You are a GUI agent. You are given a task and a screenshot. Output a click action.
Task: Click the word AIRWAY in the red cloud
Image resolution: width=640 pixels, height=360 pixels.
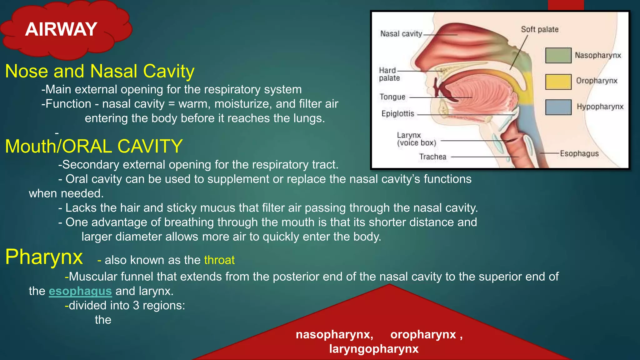(61, 29)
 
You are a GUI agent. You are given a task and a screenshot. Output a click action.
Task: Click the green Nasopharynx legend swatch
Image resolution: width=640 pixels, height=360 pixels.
(558, 55)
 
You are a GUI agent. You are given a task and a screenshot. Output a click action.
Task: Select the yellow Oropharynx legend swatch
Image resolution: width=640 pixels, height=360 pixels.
(558, 82)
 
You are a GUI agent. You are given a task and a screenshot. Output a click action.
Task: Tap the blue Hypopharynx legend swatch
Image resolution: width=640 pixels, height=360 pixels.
(558, 107)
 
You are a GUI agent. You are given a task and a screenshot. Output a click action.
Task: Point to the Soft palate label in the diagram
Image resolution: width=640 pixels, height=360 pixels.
(539, 29)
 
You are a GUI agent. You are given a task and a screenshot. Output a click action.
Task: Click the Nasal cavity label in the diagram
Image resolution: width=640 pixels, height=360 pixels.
(401, 34)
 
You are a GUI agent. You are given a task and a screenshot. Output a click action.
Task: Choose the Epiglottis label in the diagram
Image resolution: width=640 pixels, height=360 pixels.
(397, 114)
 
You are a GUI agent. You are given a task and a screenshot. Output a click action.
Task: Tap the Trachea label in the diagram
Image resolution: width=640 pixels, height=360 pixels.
(432, 157)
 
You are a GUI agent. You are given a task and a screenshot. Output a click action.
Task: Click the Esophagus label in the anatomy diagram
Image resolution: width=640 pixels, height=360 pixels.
(579, 153)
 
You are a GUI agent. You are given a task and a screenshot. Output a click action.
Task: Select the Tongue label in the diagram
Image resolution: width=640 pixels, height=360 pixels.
(392, 97)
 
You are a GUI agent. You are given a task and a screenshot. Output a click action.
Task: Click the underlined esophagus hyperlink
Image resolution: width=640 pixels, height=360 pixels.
(80, 291)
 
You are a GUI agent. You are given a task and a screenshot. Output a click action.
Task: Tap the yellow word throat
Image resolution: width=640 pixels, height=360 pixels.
(219, 260)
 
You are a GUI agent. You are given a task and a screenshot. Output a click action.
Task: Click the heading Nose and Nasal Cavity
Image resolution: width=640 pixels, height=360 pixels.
(100, 71)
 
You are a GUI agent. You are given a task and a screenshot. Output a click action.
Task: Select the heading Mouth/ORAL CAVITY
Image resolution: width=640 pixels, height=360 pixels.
(94, 146)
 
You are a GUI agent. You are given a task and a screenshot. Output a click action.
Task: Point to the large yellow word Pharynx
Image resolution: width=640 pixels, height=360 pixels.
(44, 257)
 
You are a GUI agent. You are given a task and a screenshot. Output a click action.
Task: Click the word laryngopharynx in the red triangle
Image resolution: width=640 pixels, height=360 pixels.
(374, 349)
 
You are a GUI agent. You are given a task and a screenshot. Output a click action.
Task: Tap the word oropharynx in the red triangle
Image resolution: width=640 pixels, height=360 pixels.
(423, 334)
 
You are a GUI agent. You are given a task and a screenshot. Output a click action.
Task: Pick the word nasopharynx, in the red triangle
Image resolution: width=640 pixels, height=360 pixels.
(334, 334)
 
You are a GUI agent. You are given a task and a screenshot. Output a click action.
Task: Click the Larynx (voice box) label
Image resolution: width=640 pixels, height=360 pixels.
(416, 139)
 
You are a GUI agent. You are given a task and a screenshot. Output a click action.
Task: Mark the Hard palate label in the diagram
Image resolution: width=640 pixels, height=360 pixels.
(389, 74)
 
